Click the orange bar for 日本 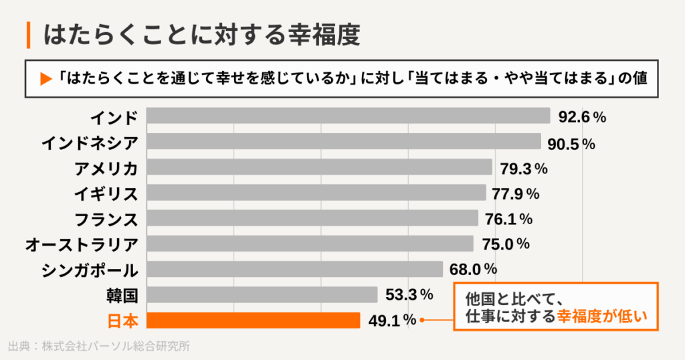point(253,321)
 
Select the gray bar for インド point(348,116)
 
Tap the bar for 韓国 point(262,294)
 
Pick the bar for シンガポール point(294,269)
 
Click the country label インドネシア point(90,143)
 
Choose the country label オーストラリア point(82,244)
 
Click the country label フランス point(106,219)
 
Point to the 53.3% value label point(409,294)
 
